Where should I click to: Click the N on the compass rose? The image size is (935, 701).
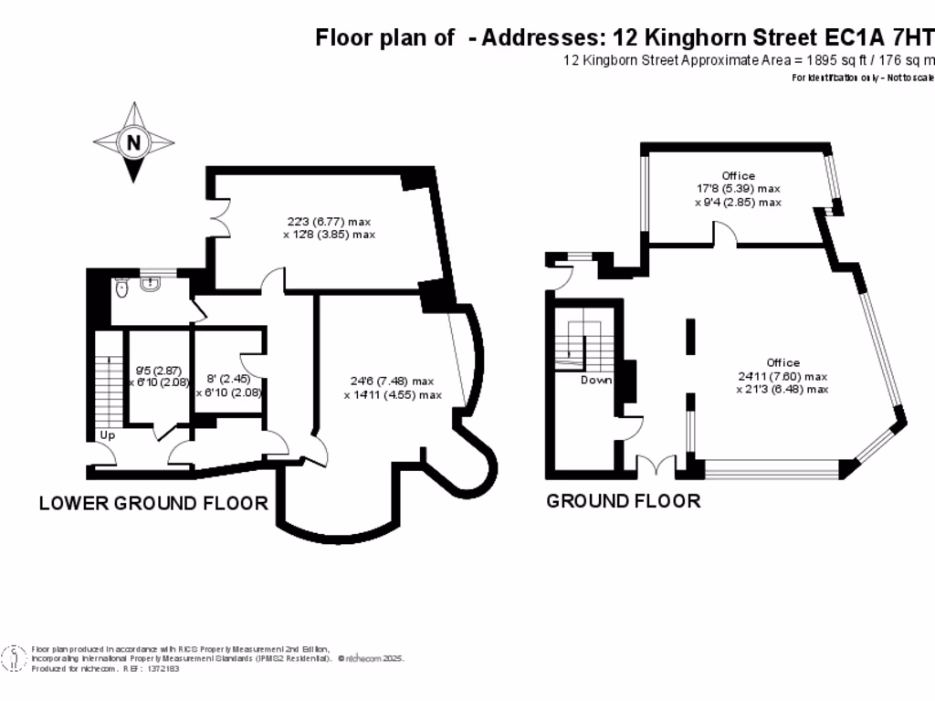[x=133, y=141]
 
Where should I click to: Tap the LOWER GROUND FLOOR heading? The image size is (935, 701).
[x=153, y=503]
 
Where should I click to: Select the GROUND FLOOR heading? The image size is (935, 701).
[x=623, y=501]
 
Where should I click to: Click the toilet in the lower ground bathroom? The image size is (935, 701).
[x=121, y=288]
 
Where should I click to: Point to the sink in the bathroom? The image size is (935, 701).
[x=150, y=283]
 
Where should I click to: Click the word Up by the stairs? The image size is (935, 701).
[x=108, y=434]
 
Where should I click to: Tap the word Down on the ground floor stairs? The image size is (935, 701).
[x=596, y=380]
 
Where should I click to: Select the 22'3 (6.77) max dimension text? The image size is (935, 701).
[x=329, y=222]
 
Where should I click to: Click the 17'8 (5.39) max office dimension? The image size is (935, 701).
[x=738, y=189]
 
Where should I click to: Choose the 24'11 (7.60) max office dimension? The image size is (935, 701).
[x=782, y=376]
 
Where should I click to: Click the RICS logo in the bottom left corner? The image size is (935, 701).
[x=14, y=657]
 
